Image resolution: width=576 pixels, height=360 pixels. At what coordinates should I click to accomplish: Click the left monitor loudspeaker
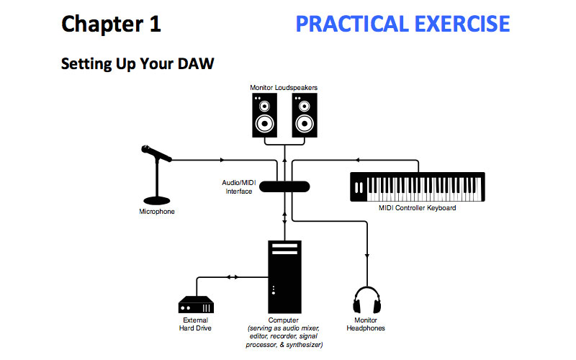pyautogui.click(x=264, y=115)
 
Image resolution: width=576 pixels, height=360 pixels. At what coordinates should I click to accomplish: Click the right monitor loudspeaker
pyautogui.click(x=305, y=115)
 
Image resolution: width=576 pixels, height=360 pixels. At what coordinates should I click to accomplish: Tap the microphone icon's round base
pyautogui.click(x=157, y=201)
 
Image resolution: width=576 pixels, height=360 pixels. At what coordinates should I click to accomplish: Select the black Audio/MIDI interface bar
pyautogui.click(x=284, y=186)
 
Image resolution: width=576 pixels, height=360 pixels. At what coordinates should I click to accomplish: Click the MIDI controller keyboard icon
pyautogui.click(x=418, y=187)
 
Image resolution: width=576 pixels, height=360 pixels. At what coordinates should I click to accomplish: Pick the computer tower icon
pyautogui.click(x=284, y=277)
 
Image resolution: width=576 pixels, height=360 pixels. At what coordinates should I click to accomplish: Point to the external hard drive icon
pyautogui.click(x=196, y=305)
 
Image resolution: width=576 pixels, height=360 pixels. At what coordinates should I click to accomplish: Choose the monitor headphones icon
pyautogui.click(x=367, y=300)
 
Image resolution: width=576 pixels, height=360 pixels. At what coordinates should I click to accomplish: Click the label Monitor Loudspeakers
pyautogui.click(x=284, y=88)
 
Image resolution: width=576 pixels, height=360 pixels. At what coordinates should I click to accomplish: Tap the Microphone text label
pyautogui.click(x=157, y=212)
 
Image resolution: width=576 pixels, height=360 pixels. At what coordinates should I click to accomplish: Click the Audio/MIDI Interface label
pyautogui.click(x=239, y=187)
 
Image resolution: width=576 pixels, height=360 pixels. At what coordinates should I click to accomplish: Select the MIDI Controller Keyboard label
pyautogui.click(x=418, y=208)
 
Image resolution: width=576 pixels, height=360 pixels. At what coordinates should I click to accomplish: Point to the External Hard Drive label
pyautogui.click(x=195, y=325)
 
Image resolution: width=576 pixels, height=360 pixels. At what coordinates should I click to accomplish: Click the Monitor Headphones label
pyautogui.click(x=366, y=325)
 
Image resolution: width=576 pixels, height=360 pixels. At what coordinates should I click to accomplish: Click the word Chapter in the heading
pyautogui.click(x=102, y=24)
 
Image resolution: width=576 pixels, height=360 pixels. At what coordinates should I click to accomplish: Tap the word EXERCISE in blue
pyautogui.click(x=462, y=24)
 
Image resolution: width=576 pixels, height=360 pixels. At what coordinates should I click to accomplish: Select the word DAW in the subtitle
pyautogui.click(x=196, y=63)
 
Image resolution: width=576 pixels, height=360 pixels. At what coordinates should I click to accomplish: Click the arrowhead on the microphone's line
pyautogui.click(x=222, y=160)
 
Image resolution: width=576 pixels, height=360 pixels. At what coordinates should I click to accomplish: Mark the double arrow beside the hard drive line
pyautogui.click(x=232, y=277)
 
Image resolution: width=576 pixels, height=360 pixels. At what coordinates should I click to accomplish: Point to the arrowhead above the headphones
pyautogui.click(x=367, y=256)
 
